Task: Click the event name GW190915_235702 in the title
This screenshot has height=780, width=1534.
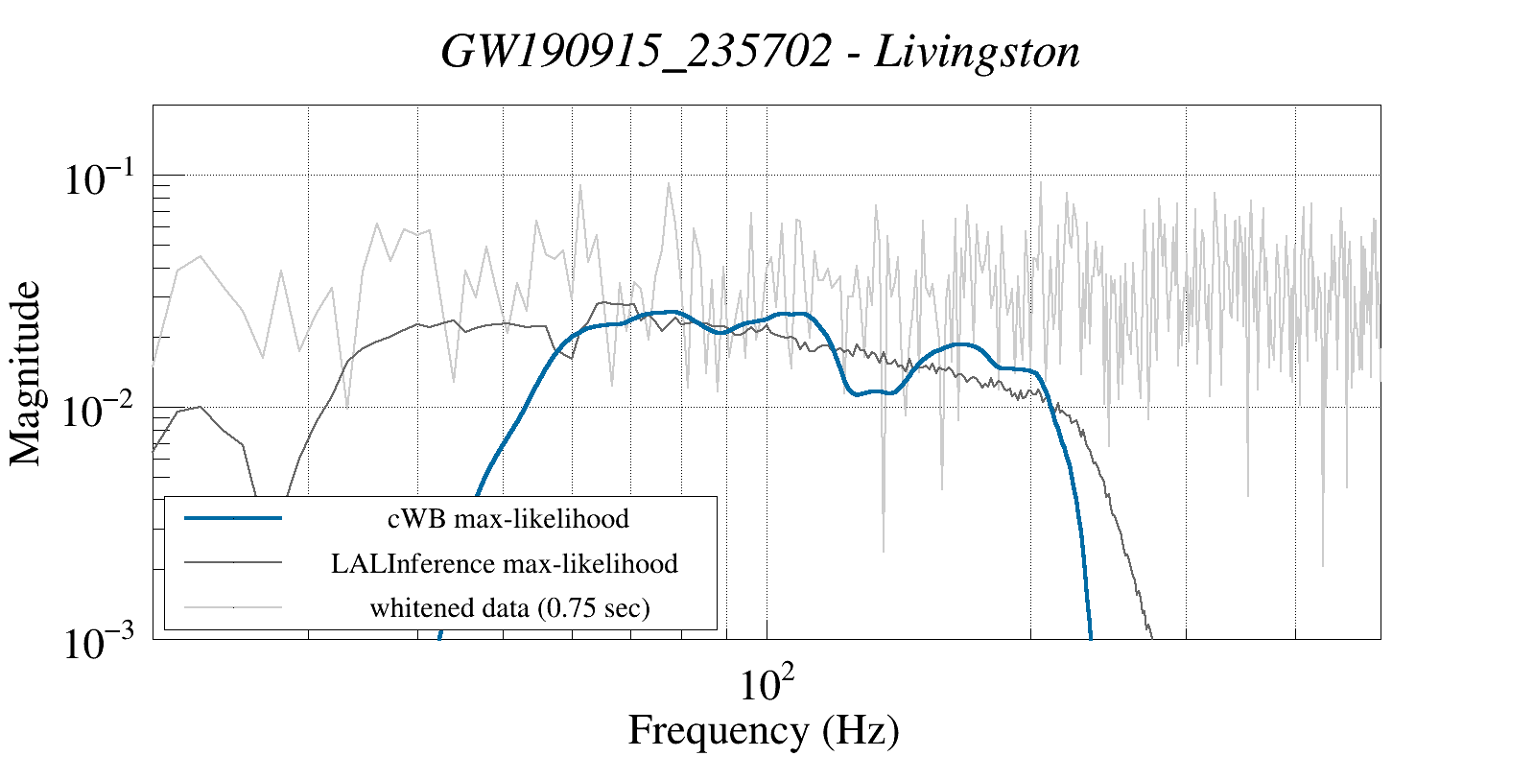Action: click(636, 52)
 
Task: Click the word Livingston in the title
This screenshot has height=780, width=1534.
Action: click(978, 52)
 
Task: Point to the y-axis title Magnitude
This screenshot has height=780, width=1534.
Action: click(26, 373)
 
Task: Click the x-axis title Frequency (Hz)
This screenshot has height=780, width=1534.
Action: click(764, 730)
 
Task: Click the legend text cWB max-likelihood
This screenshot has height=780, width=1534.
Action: click(508, 519)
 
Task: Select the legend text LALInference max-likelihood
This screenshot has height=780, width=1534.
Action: click(505, 563)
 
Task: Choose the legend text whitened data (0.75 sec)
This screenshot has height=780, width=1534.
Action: click(509, 607)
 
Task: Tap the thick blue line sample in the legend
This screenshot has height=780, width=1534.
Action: click(233, 518)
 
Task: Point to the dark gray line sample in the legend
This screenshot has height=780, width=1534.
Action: click(233, 563)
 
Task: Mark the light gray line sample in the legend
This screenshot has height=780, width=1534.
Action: click(233, 607)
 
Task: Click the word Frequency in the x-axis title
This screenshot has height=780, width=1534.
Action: click(718, 730)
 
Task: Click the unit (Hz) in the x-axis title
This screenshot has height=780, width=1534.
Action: click(861, 730)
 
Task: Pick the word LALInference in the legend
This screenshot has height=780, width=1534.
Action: click(413, 563)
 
